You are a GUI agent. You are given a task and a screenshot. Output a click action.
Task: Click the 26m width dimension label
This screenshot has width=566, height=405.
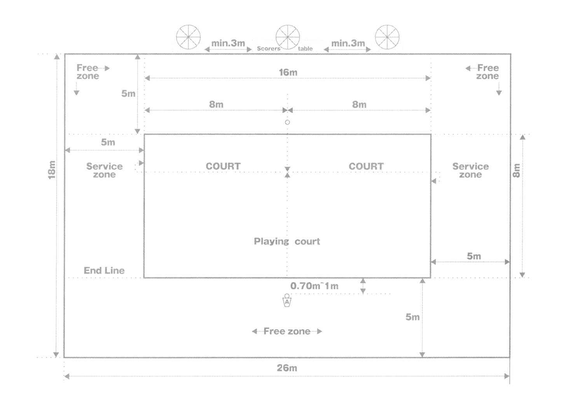(287, 368)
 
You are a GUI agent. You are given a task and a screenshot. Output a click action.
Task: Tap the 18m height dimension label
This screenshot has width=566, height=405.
(52, 170)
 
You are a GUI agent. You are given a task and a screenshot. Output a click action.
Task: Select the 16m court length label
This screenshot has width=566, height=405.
(288, 72)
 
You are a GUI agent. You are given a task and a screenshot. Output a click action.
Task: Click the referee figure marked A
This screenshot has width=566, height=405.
(287, 300)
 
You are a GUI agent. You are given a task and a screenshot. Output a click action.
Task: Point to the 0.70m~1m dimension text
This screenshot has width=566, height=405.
(314, 286)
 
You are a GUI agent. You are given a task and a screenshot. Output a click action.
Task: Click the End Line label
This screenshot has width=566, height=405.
(104, 271)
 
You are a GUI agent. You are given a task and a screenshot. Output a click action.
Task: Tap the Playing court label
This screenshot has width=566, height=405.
(287, 241)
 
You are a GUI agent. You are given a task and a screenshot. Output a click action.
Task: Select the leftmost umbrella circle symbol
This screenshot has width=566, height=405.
(188, 37)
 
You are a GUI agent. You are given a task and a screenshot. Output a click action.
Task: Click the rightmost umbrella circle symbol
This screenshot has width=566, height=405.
(387, 37)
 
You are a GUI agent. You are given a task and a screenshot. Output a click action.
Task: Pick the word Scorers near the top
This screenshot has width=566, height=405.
(269, 48)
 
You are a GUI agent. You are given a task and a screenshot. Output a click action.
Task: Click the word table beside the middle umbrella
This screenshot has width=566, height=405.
(305, 48)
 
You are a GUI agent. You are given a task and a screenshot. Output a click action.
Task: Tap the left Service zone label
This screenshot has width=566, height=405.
(104, 170)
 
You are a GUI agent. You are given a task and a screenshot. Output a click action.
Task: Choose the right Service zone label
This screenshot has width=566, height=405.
(470, 170)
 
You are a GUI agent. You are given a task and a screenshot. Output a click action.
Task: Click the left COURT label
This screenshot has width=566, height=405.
(223, 166)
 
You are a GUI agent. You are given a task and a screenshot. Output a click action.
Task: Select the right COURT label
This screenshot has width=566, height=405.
(366, 166)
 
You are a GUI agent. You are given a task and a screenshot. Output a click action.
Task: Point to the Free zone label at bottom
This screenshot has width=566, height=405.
(287, 331)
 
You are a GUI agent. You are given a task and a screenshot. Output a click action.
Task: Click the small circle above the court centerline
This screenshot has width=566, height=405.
(287, 122)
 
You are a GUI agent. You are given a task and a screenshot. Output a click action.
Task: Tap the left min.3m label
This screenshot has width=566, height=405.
(228, 43)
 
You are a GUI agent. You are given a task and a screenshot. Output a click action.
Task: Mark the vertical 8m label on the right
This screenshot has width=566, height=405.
(517, 170)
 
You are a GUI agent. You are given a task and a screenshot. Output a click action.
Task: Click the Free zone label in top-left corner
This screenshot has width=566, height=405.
(88, 72)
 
